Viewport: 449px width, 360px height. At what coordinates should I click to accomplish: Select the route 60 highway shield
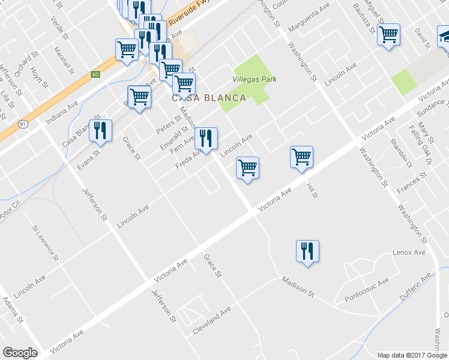tap(95, 74)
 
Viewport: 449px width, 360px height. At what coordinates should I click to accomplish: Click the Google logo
tap(20, 353)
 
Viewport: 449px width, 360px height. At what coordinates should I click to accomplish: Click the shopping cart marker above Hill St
tap(301, 158)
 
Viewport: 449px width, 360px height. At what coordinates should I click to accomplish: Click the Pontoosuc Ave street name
tap(367, 290)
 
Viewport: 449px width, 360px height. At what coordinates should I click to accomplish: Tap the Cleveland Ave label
tap(212, 322)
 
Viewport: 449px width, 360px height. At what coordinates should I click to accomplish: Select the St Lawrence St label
tap(46, 243)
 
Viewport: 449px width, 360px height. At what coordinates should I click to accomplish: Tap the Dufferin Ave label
tap(418, 285)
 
